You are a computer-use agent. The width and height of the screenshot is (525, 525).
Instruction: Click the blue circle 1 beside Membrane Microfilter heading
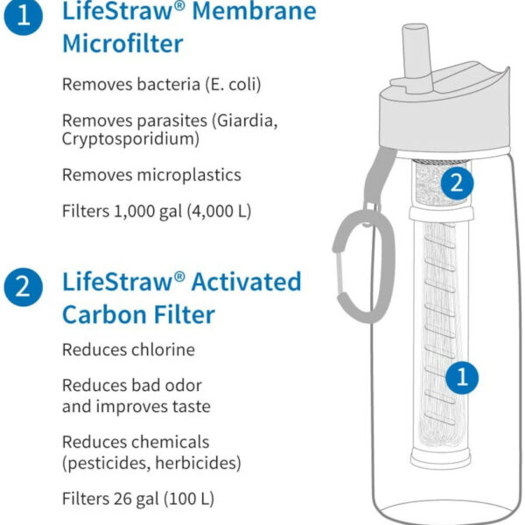[x=23, y=16]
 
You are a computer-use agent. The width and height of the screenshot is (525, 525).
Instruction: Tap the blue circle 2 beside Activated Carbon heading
[x=23, y=287]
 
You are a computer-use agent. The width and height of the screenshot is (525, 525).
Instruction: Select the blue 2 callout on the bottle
[x=457, y=184]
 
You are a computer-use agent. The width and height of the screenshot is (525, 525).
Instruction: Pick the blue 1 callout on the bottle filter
[x=462, y=377]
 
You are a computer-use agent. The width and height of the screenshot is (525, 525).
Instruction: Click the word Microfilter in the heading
[x=122, y=44]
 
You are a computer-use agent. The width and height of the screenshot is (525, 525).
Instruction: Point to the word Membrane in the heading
[x=255, y=11]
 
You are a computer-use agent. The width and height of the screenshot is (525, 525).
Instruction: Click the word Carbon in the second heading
[x=101, y=315]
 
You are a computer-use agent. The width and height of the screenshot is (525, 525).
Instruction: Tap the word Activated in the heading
[x=247, y=282]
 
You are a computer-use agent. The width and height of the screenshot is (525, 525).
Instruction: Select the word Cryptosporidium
[x=130, y=139]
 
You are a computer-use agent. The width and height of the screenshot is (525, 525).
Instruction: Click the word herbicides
[x=199, y=463]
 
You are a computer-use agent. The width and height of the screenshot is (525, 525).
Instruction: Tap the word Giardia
[x=245, y=121]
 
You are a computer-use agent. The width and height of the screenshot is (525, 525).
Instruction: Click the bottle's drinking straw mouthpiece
[x=416, y=57]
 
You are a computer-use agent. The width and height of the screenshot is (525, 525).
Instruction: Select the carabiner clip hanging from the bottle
[x=364, y=264]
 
